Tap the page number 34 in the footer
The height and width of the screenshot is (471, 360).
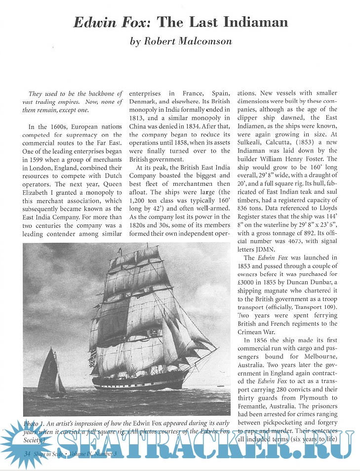(x=22, y=453)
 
